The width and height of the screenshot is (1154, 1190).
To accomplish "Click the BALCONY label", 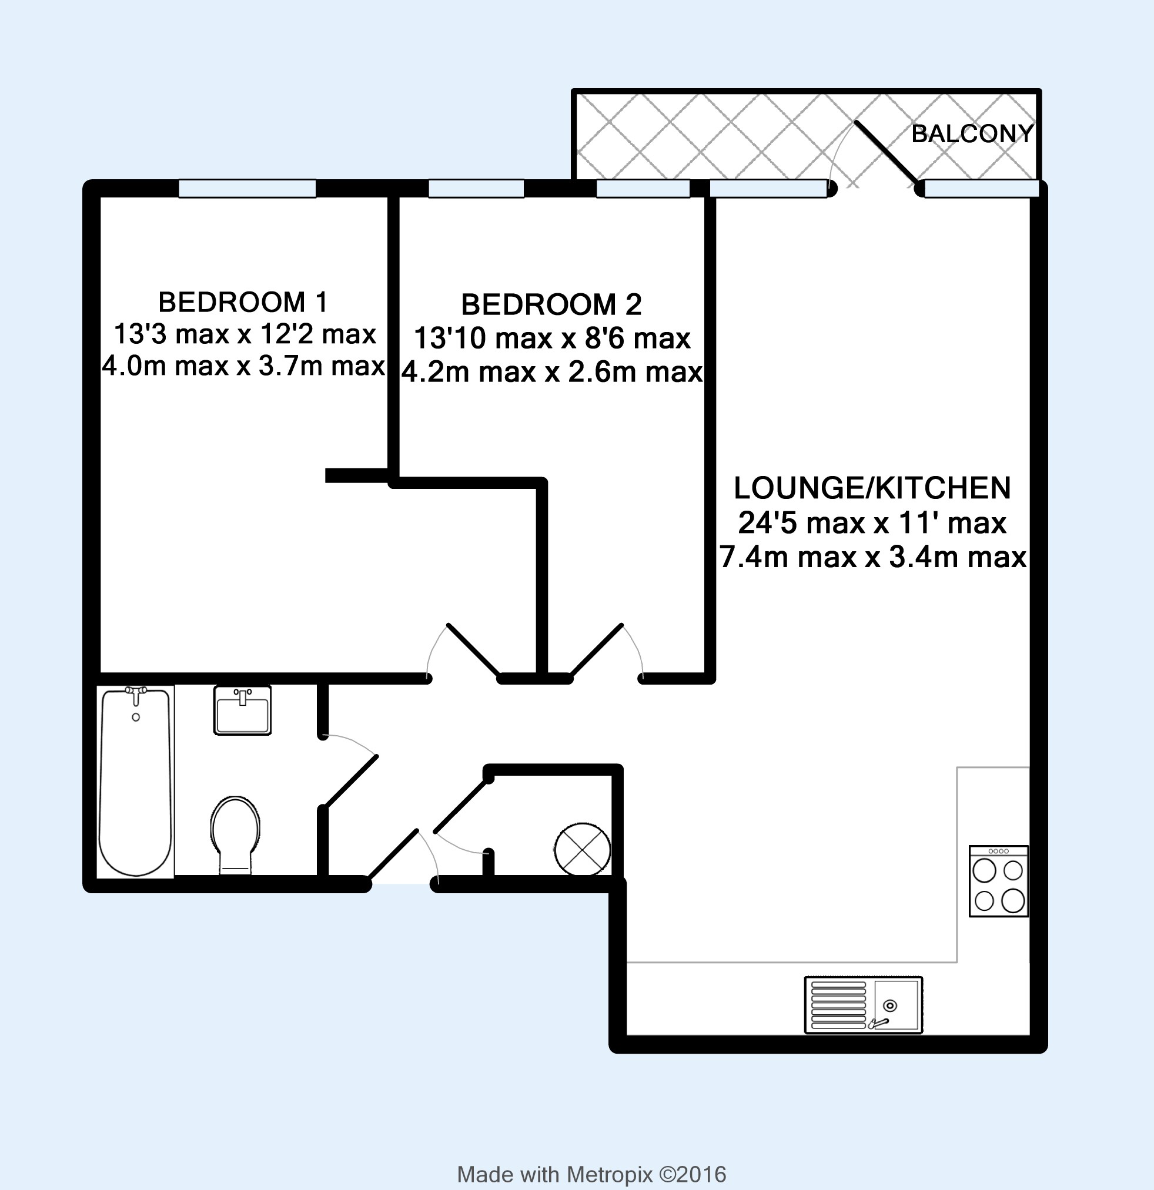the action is click(x=972, y=133).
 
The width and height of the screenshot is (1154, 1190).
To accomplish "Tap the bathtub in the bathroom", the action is click(x=136, y=782).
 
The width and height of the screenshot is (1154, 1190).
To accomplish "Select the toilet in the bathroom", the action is click(x=236, y=835).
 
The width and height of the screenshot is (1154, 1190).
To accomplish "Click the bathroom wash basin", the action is click(x=242, y=710).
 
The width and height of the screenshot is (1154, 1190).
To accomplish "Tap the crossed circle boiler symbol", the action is click(x=582, y=849).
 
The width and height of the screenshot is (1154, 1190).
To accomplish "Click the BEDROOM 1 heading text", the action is click(x=242, y=301).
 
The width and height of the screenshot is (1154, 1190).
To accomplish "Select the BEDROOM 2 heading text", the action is click(x=551, y=304).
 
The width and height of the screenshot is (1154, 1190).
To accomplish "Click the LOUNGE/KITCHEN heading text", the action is click(x=872, y=488).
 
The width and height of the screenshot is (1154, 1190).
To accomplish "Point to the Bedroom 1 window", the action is click(x=247, y=189).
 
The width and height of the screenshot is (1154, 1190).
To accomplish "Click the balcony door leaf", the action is click(x=887, y=152).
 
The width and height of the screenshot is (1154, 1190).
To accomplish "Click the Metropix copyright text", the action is click(x=591, y=1174).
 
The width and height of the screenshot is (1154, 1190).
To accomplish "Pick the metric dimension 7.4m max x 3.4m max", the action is click(x=873, y=557).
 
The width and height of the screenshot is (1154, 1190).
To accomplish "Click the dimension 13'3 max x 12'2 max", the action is click(x=245, y=334).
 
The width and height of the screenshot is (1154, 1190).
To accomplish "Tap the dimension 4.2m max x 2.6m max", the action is click(x=552, y=371).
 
